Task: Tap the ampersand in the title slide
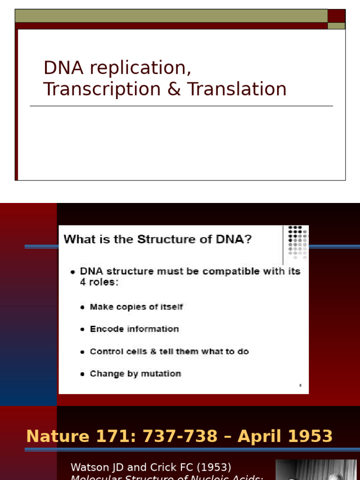pos(174,89)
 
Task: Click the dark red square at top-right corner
pos(336,16)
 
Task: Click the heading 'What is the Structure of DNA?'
pos(157,240)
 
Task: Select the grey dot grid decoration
pos(297,242)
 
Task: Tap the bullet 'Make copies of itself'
pos(136,307)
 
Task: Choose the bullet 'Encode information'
pos(134,329)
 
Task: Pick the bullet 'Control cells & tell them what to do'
pos(169,352)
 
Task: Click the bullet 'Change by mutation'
pos(135,374)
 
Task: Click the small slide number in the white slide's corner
pos(300,385)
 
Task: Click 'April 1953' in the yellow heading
pos(285,436)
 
